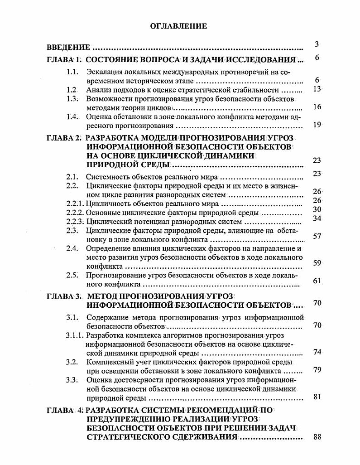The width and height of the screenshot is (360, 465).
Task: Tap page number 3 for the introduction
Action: (317, 44)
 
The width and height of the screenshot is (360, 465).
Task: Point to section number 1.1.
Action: (72, 72)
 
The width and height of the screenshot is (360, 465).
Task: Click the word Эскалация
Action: (104, 72)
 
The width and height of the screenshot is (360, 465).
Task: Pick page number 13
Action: (317, 89)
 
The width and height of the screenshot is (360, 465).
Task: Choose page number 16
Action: (317, 107)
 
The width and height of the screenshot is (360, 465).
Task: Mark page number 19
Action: (317, 125)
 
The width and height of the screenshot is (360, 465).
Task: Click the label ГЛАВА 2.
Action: (64, 138)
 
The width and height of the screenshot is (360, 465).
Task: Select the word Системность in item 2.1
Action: (106, 177)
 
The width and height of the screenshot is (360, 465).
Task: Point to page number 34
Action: (317, 218)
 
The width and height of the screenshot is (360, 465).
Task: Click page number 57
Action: (317, 236)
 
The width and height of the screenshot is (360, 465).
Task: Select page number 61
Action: (317, 281)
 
